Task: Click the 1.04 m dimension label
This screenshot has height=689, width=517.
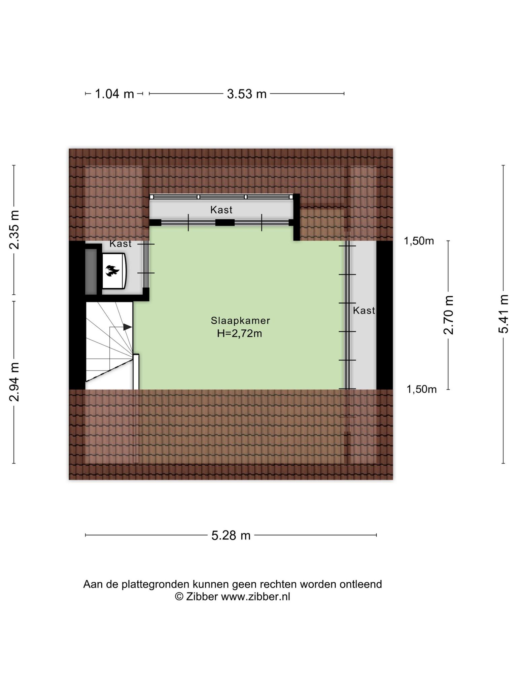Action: click(x=114, y=94)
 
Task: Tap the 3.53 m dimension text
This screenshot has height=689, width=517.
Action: click(x=247, y=94)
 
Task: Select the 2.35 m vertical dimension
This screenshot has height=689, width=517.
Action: click(x=14, y=230)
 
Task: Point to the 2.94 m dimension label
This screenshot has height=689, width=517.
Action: click(x=14, y=382)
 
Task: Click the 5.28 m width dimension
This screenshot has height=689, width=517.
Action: click(x=231, y=535)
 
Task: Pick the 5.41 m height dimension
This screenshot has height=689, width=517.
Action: click(x=503, y=314)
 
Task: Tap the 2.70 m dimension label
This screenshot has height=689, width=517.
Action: click(x=448, y=315)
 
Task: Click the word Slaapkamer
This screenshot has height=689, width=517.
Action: click(x=240, y=321)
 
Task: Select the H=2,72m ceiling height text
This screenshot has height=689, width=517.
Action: click(x=240, y=334)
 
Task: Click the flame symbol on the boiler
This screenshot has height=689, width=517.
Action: click(x=112, y=270)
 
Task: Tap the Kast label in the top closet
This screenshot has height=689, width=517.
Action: click(x=221, y=210)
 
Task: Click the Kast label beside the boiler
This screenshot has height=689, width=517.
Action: click(x=120, y=244)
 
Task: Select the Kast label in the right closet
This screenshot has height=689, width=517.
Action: click(x=364, y=311)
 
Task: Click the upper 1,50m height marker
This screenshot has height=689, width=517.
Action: click(x=419, y=241)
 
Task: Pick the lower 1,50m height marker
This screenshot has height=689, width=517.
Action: click(x=422, y=389)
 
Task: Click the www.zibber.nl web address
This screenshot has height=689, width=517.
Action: click(x=255, y=597)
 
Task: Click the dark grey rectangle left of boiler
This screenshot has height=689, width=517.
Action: click(x=91, y=271)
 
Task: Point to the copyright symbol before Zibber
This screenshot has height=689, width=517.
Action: click(x=179, y=597)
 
